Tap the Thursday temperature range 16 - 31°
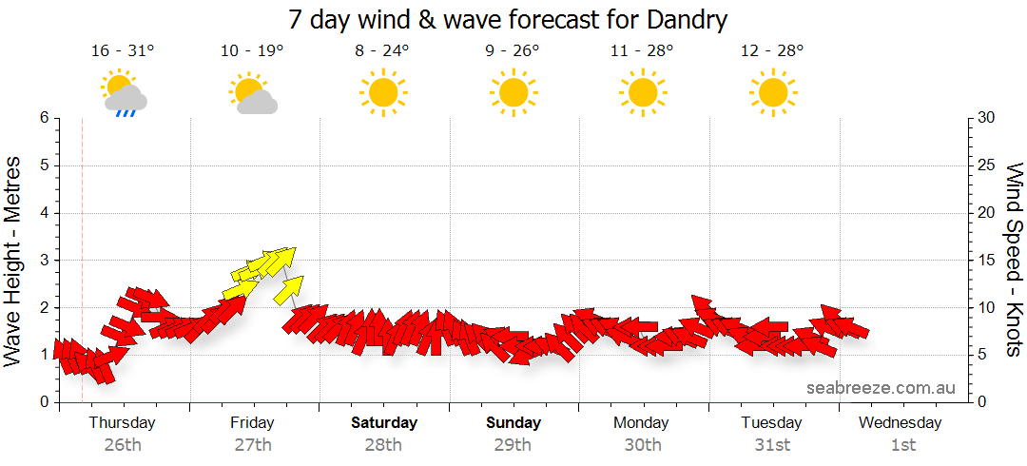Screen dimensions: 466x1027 click(x=123, y=50)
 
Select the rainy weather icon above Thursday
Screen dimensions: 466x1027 click(x=123, y=93)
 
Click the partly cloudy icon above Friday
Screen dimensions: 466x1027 click(x=252, y=94)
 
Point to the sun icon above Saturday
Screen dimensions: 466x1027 click(x=382, y=92)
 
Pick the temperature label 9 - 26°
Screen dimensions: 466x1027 click(x=512, y=50)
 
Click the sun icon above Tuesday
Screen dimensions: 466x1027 click(x=771, y=92)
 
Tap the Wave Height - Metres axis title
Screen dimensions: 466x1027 click(x=13, y=260)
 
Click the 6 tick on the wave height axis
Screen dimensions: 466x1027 click(x=44, y=118)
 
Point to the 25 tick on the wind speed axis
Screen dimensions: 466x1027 click(x=986, y=165)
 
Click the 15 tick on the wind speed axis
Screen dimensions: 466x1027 click(x=986, y=260)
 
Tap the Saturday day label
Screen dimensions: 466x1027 click(x=383, y=422)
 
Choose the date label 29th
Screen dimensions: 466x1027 click(x=513, y=444)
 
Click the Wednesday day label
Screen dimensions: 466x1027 click(x=901, y=422)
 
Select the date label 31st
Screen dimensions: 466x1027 click(x=772, y=444)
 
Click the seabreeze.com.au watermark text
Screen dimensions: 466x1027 click(x=881, y=388)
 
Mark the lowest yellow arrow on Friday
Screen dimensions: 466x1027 click(x=287, y=287)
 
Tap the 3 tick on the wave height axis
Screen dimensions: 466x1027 click(x=44, y=260)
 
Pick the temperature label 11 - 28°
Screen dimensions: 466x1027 click(x=642, y=50)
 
